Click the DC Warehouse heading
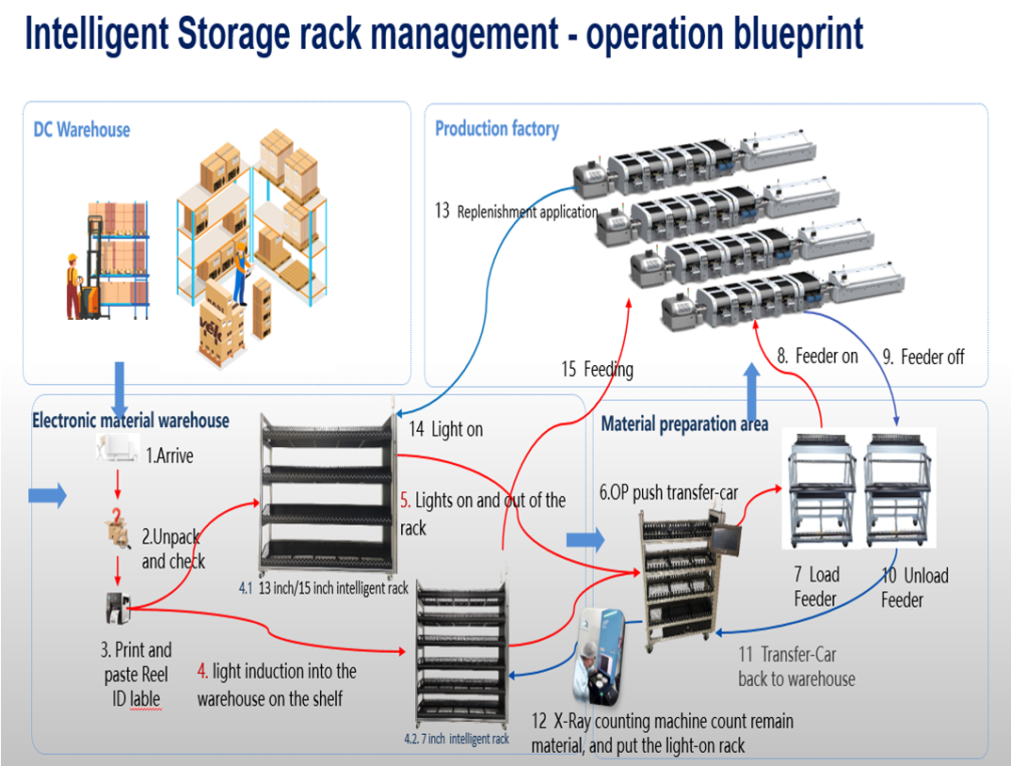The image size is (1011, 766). click(x=82, y=130)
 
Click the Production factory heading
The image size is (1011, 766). click(x=496, y=129)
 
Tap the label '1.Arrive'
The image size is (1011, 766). click(x=168, y=455)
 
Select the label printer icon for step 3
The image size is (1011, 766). click(x=118, y=609)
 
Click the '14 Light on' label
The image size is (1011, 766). click(x=445, y=429)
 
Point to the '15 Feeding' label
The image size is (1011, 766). click(x=597, y=369)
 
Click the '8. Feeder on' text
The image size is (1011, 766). click(x=817, y=357)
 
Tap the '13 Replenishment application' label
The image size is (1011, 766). click(x=516, y=211)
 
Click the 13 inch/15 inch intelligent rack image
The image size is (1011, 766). click(x=327, y=499)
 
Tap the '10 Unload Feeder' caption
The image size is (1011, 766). click(x=914, y=587)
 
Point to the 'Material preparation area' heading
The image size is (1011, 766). click(x=684, y=424)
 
